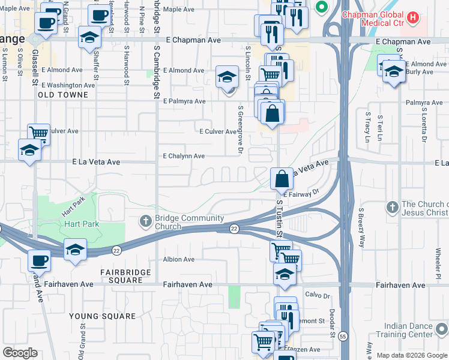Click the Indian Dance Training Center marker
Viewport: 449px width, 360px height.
pyautogui.click(x=442, y=329)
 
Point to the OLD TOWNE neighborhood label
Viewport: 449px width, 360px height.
pyautogui.click(x=67, y=95)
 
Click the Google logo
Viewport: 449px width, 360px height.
pyautogui.click(x=20, y=353)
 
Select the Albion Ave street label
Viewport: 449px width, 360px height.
pyautogui.click(x=179, y=259)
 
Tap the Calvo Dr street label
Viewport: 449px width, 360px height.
pyautogui.click(x=318, y=296)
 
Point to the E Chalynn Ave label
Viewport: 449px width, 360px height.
pyautogui.click(x=184, y=156)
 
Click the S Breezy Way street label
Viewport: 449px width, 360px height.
pyautogui.click(x=361, y=228)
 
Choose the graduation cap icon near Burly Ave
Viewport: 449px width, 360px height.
pyautogui.click(x=393, y=72)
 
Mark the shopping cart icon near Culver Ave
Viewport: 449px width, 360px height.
pyautogui.click(x=39, y=133)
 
